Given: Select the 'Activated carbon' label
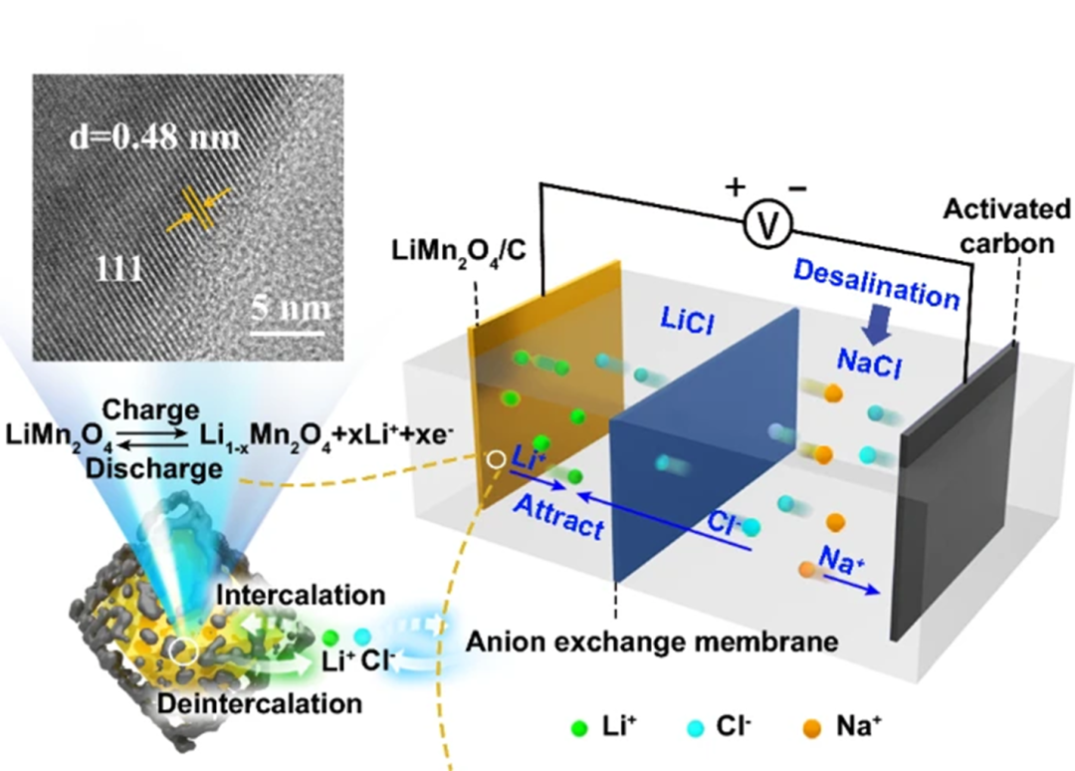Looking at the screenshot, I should point(1006,225).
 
